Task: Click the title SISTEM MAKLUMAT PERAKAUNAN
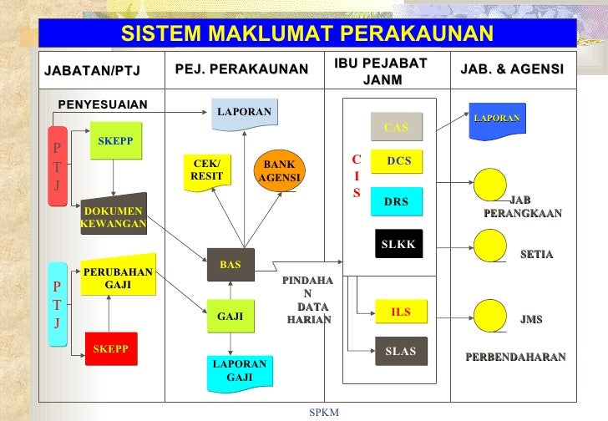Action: click(307, 33)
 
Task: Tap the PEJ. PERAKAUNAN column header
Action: click(242, 69)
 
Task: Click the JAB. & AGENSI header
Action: click(511, 69)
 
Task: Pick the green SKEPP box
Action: click(115, 141)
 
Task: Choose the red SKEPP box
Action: click(110, 349)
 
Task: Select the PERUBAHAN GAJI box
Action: click(118, 278)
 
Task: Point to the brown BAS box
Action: click(230, 265)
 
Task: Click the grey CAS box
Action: click(397, 128)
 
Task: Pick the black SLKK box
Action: click(398, 244)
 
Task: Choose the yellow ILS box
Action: click(401, 312)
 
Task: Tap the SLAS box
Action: click(401, 352)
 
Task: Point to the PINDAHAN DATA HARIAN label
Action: click(308, 301)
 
